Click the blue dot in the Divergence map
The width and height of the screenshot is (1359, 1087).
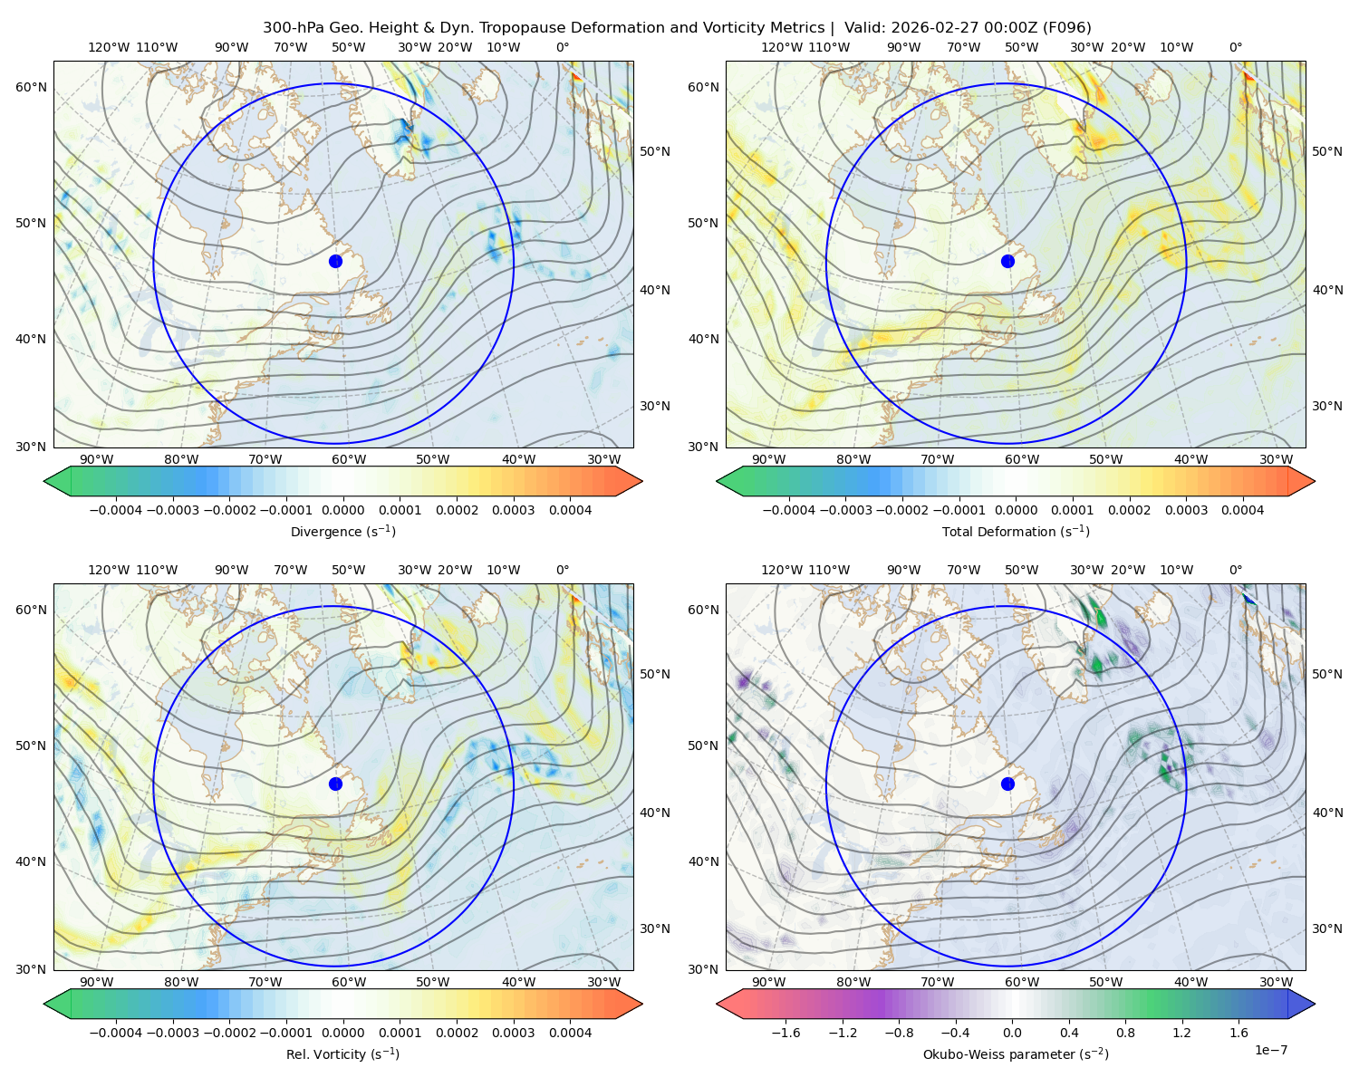(x=335, y=262)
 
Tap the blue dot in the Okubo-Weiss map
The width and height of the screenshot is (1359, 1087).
(x=1007, y=784)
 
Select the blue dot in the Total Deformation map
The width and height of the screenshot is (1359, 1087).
(x=1007, y=262)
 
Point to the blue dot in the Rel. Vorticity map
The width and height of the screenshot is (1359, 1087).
(x=335, y=784)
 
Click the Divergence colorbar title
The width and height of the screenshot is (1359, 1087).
(x=342, y=532)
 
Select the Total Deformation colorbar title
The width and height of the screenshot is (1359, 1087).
(x=1016, y=532)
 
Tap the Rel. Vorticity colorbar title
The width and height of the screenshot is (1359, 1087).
(x=342, y=1054)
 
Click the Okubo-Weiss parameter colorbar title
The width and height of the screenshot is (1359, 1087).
(x=1016, y=1054)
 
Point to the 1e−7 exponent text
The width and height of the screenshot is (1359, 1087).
(x=1270, y=1051)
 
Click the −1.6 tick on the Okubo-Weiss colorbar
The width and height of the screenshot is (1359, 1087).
(x=786, y=1033)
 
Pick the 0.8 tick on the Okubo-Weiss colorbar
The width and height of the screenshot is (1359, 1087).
(x=1125, y=1033)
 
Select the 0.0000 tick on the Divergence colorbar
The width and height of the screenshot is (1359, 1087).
(x=342, y=510)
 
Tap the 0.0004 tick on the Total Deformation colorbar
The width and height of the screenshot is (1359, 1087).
(x=1242, y=510)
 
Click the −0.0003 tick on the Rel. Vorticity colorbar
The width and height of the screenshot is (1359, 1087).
(x=172, y=1033)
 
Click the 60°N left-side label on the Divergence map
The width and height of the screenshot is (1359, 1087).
(x=31, y=87)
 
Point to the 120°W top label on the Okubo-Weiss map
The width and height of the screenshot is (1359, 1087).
(x=781, y=570)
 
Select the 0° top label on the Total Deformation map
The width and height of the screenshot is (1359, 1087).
(x=1235, y=47)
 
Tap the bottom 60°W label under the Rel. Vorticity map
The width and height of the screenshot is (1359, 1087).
(x=349, y=982)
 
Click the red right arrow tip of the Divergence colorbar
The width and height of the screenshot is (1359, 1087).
(x=642, y=481)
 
